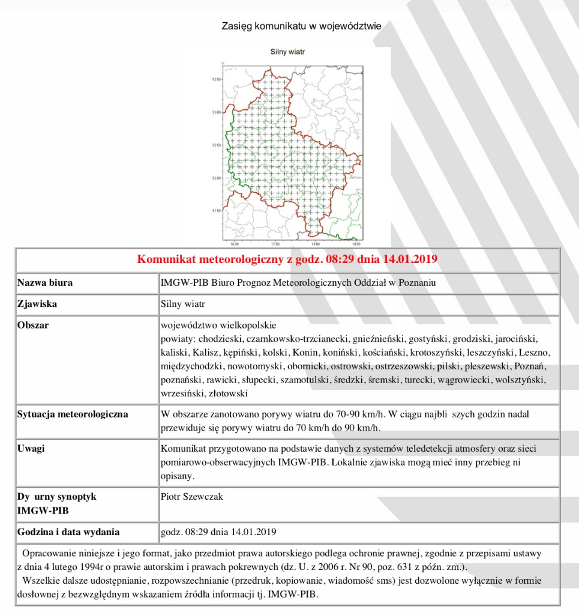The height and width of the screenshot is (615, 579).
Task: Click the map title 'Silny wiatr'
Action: coord(289,52)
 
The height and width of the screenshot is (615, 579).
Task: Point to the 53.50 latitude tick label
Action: coord(217,79)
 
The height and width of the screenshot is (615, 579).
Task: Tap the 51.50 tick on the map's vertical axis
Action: coord(217,211)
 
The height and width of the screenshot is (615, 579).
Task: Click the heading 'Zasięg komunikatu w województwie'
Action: coord(301,26)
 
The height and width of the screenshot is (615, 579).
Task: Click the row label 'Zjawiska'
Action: coord(37,304)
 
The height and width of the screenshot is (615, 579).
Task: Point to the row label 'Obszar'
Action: coord(33,326)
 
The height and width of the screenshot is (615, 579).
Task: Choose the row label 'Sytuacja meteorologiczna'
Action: coord(72,414)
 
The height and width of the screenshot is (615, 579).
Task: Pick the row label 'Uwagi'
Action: coord(31,449)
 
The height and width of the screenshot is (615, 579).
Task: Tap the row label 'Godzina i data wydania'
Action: coord(68,532)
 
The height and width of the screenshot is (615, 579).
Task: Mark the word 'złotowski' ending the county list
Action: coord(228,394)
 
